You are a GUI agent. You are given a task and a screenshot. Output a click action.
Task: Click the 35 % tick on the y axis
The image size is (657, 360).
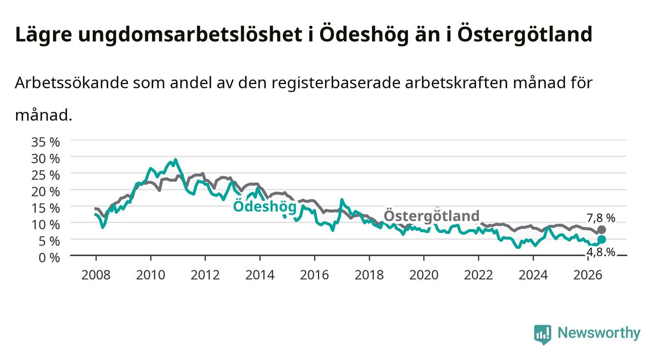46,142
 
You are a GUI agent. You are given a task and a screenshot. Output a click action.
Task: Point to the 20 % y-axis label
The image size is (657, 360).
46,192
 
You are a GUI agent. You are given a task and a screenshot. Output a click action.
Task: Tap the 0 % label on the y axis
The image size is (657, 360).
49,258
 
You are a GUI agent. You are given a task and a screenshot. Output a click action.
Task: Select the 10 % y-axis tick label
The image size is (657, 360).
46,225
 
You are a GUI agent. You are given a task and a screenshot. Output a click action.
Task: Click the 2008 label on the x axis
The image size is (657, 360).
96,275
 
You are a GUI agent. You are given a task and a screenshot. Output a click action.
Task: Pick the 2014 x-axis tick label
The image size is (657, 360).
260,275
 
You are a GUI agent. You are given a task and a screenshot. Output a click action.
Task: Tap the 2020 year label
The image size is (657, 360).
424,275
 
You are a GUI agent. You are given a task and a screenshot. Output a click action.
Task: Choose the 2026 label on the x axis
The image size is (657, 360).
588,275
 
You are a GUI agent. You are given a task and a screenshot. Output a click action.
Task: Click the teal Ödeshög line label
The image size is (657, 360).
265,206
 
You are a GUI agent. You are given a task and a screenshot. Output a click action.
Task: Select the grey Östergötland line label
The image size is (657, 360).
431,216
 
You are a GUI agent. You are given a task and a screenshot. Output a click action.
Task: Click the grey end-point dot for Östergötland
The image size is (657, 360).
602,230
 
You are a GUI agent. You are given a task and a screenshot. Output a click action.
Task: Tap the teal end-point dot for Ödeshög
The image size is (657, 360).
602,240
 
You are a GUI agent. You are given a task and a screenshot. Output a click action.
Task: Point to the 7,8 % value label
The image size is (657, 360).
601,218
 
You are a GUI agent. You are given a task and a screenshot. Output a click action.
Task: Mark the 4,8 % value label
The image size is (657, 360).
601,252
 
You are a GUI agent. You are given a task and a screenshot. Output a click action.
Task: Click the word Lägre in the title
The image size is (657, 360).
44,35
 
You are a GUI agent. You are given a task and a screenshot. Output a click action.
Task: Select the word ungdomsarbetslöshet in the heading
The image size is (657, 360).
190,35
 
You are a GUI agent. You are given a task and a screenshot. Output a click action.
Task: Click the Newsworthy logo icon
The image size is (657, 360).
543,334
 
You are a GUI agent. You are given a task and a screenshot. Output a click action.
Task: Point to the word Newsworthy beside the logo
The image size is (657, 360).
599,333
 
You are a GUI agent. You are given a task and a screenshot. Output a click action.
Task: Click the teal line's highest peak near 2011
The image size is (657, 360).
176,159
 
